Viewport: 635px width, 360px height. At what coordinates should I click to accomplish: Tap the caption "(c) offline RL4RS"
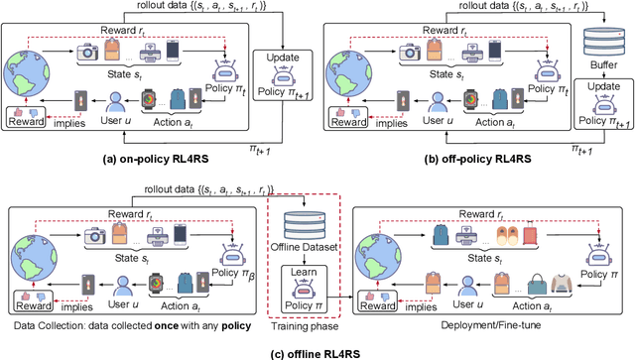pyautogui.click(x=314, y=348)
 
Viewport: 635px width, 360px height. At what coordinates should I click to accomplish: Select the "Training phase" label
pyautogui.click(x=304, y=325)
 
